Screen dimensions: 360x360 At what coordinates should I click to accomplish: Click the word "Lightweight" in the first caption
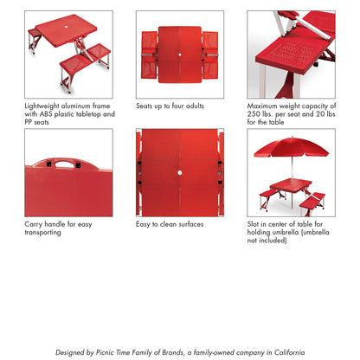pos(46,106)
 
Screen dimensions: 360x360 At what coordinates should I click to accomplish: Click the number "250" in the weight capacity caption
pos(257,114)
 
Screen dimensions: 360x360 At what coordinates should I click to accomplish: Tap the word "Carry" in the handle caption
pos(35,223)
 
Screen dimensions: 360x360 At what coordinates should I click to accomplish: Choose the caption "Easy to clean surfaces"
pos(170,223)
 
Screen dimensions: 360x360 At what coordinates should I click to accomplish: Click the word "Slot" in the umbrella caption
pos(255,223)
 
